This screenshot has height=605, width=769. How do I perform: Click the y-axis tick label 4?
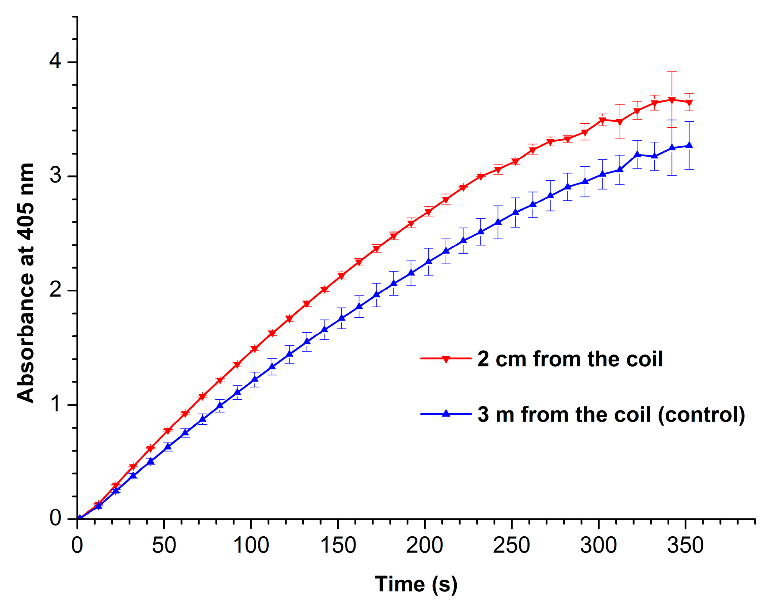tap(55, 61)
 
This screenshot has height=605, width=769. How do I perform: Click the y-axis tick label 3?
tap(55, 175)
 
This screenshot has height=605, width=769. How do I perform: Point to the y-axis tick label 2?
tap(55, 289)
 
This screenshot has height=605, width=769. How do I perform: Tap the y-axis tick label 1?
tap(55, 404)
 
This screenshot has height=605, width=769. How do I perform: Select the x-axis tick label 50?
tap(164, 546)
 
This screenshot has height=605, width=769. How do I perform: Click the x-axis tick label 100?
tap(251, 546)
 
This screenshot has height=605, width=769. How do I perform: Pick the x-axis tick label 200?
tap(425, 546)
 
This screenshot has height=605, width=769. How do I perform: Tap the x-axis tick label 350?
tap(685, 546)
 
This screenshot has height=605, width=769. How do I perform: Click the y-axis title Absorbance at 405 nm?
tap(26, 283)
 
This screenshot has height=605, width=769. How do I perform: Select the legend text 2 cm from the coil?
tap(570, 359)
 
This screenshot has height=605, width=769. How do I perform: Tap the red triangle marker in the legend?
tap(446, 359)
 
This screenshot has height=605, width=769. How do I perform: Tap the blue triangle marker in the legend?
tap(446, 414)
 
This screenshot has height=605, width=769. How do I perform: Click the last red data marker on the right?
tap(689, 103)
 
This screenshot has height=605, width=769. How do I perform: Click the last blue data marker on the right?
tap(689, 145)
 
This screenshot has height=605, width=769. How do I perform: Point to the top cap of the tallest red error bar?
tap(672, 72)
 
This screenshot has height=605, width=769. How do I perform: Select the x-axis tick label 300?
tap(598, 546)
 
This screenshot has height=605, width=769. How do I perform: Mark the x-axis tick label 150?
tap(338, 546)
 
